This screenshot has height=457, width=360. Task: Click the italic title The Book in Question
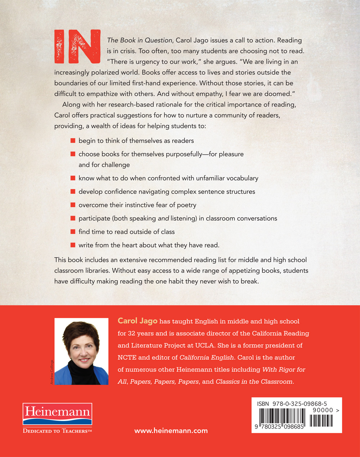click(x=140, y=40)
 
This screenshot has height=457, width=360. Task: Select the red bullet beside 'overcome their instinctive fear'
click(x=73, y=205)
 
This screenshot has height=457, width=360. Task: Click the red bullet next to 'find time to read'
click(x=73, y=232)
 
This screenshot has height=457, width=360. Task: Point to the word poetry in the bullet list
click(x=186, y=205)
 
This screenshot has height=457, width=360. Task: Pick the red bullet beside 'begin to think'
click(x=73, y=141)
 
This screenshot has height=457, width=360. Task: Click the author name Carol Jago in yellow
click(x=138, y=321)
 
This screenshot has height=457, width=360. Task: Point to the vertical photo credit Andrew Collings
click(x=52, y=372)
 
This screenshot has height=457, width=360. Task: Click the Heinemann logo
click(x=58, y=413)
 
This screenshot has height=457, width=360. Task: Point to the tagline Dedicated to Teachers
click(x=58, y=431)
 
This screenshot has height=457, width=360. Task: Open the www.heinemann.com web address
click(x=171, y=430)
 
